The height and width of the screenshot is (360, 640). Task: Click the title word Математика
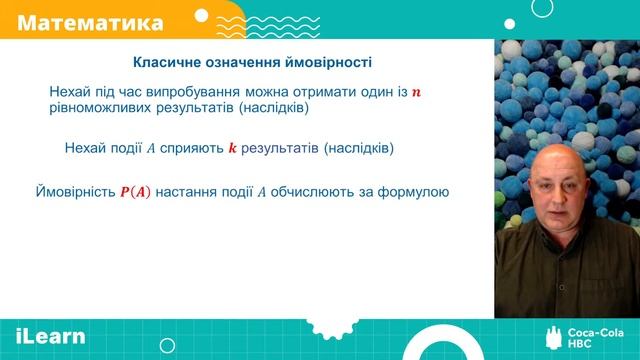coord(91,21)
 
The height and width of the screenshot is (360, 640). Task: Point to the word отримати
coord(304,92)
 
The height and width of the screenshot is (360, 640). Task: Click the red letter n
coord(417,93)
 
